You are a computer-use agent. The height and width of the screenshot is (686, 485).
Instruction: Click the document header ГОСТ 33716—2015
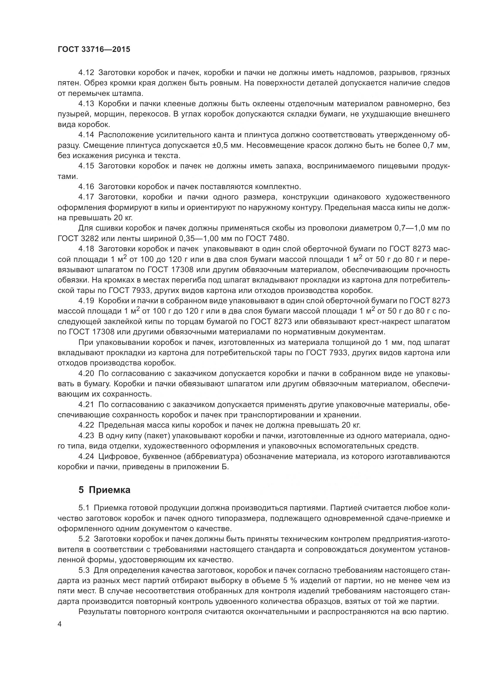point(94,49)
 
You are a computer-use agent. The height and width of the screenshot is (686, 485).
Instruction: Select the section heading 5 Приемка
point(104,490)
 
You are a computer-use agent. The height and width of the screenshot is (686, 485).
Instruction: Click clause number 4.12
point(86,73)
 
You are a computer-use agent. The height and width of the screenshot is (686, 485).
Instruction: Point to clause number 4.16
point(86,187)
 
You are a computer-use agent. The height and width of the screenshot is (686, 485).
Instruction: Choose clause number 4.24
point(86,456)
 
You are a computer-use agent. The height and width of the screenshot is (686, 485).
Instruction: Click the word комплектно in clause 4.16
point(278,187)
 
